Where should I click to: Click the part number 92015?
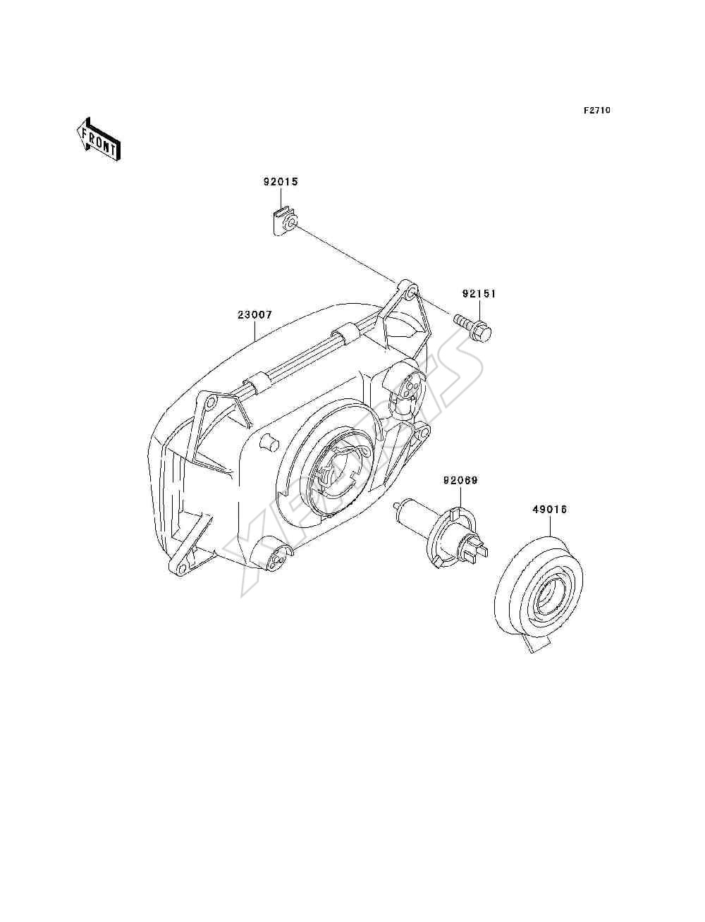[281, 182]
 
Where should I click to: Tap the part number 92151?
[479, 294]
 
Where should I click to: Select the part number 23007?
[255, 314]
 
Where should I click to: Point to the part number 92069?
[460, 480]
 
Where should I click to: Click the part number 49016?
[549, 510]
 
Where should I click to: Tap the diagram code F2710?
[596, 111]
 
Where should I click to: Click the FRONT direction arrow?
[99, 140]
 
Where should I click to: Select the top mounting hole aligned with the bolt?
[412, 291]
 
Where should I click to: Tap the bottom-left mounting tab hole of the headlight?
[182, 569]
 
